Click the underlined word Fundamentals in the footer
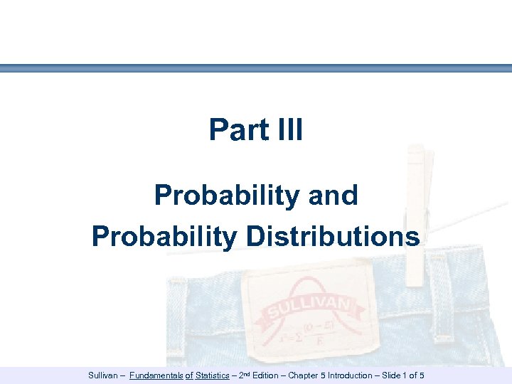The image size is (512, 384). click(156, 375)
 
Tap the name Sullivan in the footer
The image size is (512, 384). click(104, 375)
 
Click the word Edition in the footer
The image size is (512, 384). click(265, 375)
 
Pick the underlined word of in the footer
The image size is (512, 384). click(190, 375)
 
